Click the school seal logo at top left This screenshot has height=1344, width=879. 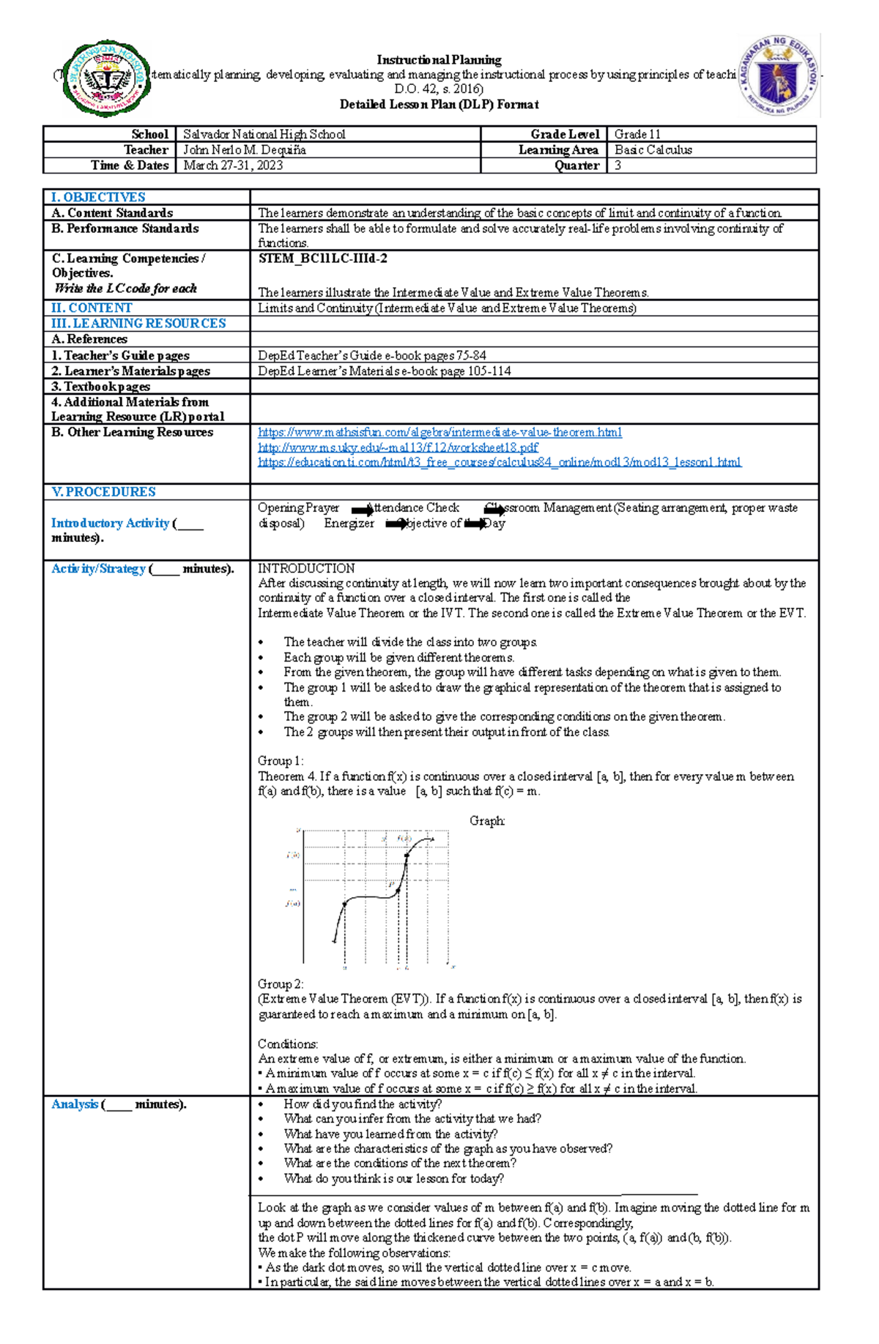click(108, 79)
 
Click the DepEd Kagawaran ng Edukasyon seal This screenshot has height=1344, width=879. click(778, 75)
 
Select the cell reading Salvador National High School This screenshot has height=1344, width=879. click(264, 134)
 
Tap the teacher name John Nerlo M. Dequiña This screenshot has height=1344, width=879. click(245, 149)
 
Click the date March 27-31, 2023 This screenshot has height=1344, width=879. click(233, 166)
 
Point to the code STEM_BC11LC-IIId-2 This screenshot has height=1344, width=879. click(323, 259)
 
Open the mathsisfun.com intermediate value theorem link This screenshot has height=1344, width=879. click(439, 432)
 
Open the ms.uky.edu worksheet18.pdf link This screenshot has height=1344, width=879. click(398, 447)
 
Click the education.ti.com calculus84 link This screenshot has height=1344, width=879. click(500, 462)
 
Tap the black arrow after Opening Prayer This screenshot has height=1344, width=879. click(362, 510)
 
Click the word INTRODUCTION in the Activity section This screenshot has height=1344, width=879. click(306, 568)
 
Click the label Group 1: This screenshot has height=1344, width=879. click(281, 761)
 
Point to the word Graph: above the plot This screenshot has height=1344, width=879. click(487, 821)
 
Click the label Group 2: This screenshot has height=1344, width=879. click(281, 984)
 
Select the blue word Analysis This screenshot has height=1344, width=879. click(75, 1104)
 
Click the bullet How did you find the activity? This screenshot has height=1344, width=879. click(363, 1104)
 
